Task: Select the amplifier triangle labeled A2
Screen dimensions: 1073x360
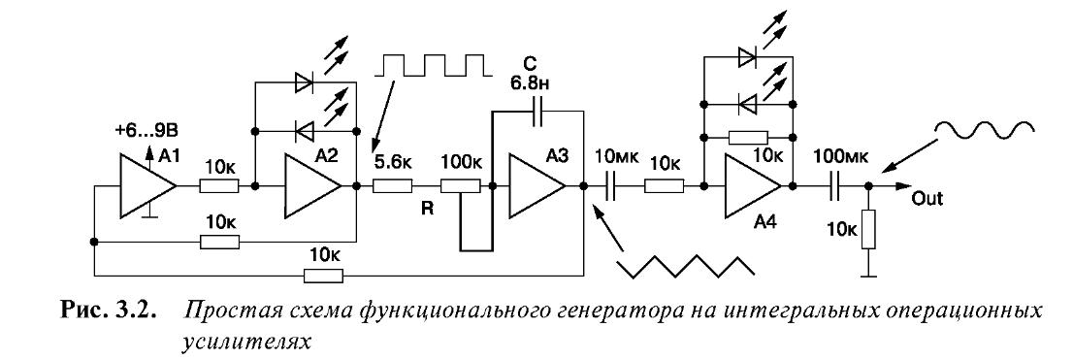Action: click(311, 185)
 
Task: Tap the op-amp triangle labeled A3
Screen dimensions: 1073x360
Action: click(536, 185)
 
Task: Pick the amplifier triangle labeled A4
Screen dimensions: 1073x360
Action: click(752, 185)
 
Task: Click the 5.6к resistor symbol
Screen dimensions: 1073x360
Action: click(392, 185)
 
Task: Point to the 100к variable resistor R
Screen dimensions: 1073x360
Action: click(460, 185)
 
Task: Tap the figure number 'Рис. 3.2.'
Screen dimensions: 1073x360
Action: click(108, 312)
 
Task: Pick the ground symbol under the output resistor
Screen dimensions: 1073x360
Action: click(868, 276)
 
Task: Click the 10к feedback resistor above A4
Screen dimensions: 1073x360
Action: click(747, 138)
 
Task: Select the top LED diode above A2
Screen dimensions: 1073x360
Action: click(305, 82)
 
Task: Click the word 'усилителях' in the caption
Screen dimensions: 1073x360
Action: click(245, 341)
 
